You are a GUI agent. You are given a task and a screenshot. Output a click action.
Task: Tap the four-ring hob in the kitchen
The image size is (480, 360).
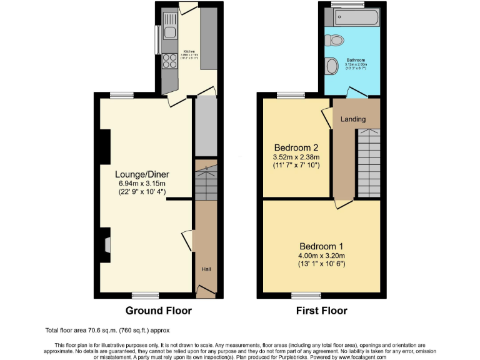click(169, 61)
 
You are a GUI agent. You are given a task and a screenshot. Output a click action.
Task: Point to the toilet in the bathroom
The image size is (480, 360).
click(335, 41)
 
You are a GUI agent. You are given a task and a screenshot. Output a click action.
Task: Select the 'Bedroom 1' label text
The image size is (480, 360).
click(321, 246)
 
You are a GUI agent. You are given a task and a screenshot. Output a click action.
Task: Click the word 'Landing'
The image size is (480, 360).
click(352, 119)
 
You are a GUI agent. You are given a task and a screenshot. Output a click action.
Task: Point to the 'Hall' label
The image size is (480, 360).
click(206, 269)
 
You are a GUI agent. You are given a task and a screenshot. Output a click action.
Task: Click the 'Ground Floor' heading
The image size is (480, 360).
click(159, 311)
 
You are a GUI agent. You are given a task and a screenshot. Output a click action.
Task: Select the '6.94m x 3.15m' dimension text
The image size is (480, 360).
click(142, 184)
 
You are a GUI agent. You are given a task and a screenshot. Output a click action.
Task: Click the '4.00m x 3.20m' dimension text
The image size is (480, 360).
click(321, 255)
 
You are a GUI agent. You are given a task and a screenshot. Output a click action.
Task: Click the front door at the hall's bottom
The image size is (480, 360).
click(205, 289)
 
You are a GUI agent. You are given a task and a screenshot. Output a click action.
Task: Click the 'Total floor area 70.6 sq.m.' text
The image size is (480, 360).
click(107, 330)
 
